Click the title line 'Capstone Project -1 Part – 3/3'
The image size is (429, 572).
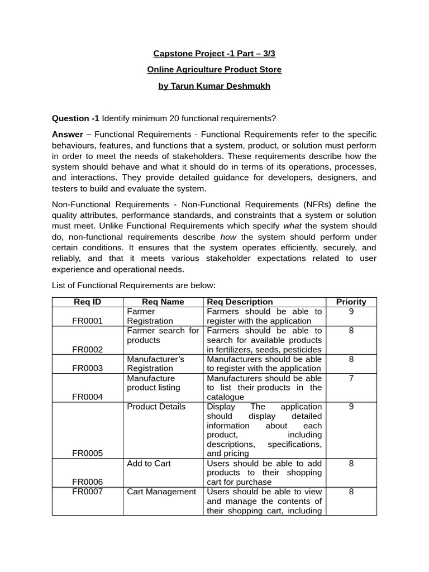pyautogui.click(x=214, y=54)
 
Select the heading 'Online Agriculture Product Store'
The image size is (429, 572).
pyautogui.click(x=214, y=70)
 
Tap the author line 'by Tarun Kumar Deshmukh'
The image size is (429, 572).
pyautogui.click(x=214, y=87)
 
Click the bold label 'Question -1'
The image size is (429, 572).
pyautogui.click(x=75, y=118)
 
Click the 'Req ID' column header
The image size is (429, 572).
pyautogui.click(x=88, y=302)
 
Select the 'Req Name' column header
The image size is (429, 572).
pyautogui.click(x=163, y=302)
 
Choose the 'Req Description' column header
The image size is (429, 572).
pyautogui.click(x=240, y=302)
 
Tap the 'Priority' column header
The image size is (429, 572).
pyautogui.click(x=351, y=302)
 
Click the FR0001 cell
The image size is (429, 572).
pyautogui.click(x=88, y=321)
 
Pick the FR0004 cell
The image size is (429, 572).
pyautogui.click(x=88, y=397)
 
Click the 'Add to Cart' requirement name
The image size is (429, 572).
pyautogui.click(x=149, y=463)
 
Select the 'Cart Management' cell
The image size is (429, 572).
pyautogui.click(x=161, y=492)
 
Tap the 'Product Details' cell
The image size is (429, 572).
pyautogui.click(x=156, y=406)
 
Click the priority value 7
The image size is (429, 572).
pyautogui.click(x=351, y=378)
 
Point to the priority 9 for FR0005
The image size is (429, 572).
pyautogui.click(x=351, y=406)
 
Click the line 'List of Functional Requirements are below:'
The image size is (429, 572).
pyautogui.click(x=134, y=285)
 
